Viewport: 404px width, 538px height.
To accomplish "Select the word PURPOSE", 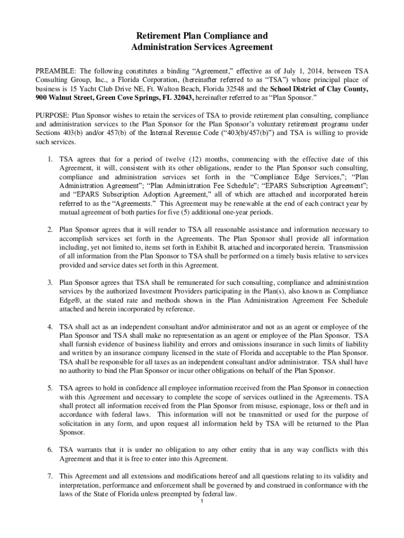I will tap(52, 115).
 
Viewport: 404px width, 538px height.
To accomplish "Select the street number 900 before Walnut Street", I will tap(42, 98).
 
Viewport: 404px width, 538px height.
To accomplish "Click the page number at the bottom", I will tap(202, 501).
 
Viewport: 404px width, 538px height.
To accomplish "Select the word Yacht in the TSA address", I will tap(83, 89).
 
